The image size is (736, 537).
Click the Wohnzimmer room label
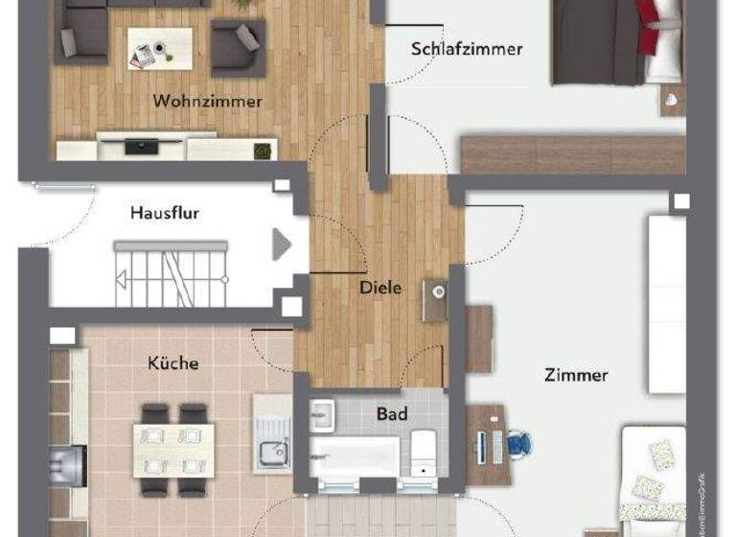point(207,101)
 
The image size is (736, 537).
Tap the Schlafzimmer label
point(467,48)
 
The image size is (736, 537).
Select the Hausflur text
point(165,213)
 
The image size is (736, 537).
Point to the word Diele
point(380,287)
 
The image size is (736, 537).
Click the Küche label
point(173,362)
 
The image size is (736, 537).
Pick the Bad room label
point(391,414)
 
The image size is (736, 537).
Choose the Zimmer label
point(576,375)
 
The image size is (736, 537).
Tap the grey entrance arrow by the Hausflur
point(281,245)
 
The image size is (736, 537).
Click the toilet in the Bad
point(423,451)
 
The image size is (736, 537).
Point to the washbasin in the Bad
point(323,414)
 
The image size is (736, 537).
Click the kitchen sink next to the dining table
point(272,451)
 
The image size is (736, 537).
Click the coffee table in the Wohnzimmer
point(159,46)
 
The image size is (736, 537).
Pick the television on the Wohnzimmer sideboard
point(142,147)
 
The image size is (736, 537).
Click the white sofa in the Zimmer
point(667,303)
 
